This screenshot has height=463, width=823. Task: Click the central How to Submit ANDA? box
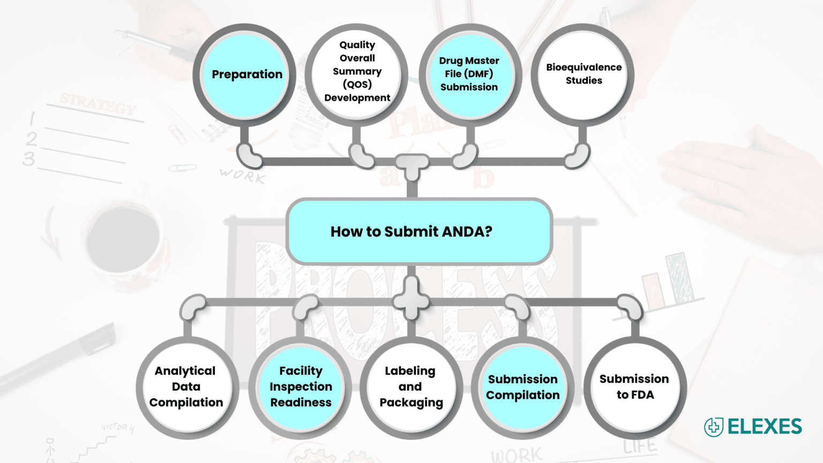point(419,231)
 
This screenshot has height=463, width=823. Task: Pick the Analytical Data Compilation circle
point(186,387)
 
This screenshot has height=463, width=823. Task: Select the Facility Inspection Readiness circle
point(301,387)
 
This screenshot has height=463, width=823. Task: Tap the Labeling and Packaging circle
point(411,387)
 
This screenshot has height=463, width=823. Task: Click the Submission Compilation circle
point(522,387)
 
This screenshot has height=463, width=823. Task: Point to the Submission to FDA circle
point(634,387)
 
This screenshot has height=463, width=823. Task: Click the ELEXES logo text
point(765,427)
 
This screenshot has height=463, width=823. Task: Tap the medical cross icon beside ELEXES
point(714,427)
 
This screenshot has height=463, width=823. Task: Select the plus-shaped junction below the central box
point(411,300)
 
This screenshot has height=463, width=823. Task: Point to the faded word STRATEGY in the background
point(98,104)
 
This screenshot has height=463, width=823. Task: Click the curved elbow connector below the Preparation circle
point(249,156)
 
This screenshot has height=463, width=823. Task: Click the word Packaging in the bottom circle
point(411,403)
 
